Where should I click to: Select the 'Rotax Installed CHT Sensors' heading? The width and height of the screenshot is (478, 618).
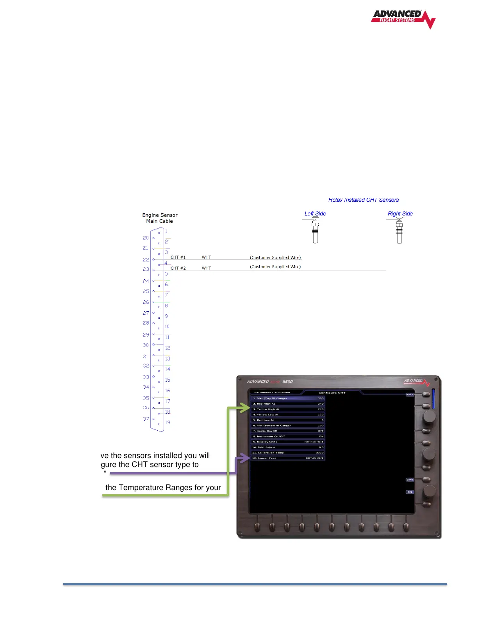point(363,200)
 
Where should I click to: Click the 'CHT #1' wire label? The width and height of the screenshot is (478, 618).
point(178,257)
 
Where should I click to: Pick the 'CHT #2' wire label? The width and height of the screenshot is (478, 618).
point(178,268)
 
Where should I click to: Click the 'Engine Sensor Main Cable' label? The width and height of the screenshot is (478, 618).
point(160,218)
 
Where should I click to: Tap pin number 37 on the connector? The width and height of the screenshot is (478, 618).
point(146,419)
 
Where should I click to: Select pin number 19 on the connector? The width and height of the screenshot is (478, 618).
point(168,423)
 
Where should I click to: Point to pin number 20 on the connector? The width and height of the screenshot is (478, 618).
point(146,238)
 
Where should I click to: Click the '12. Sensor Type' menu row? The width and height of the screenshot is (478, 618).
point(288,458)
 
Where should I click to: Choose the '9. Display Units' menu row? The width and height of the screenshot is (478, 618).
point(288,442)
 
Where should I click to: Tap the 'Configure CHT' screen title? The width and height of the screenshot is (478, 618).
point(332,393)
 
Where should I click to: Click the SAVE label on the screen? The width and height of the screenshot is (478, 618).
point(410,480)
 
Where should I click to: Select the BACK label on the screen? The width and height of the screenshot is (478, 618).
point(410,395)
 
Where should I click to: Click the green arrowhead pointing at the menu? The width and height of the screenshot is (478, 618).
point(245,408)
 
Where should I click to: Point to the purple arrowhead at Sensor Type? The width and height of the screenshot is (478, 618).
point(245,458)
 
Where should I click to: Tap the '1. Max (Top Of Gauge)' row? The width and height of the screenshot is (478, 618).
point(288,398)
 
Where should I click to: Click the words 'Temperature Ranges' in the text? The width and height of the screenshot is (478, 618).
point(162,488)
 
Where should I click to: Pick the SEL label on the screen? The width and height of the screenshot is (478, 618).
point(410,492)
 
